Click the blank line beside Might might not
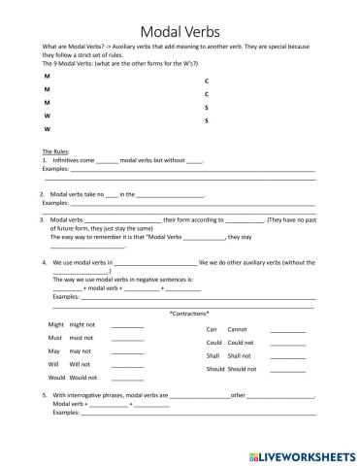tap(127, 327)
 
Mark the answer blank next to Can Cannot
tap(287, 331)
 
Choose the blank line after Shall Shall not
tap(287, 358)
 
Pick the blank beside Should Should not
tap(287, 371)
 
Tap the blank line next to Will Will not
tap(127, 365)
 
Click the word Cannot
tap(238, 329)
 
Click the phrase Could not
tap(241, 343)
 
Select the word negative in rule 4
tap(140, 280)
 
